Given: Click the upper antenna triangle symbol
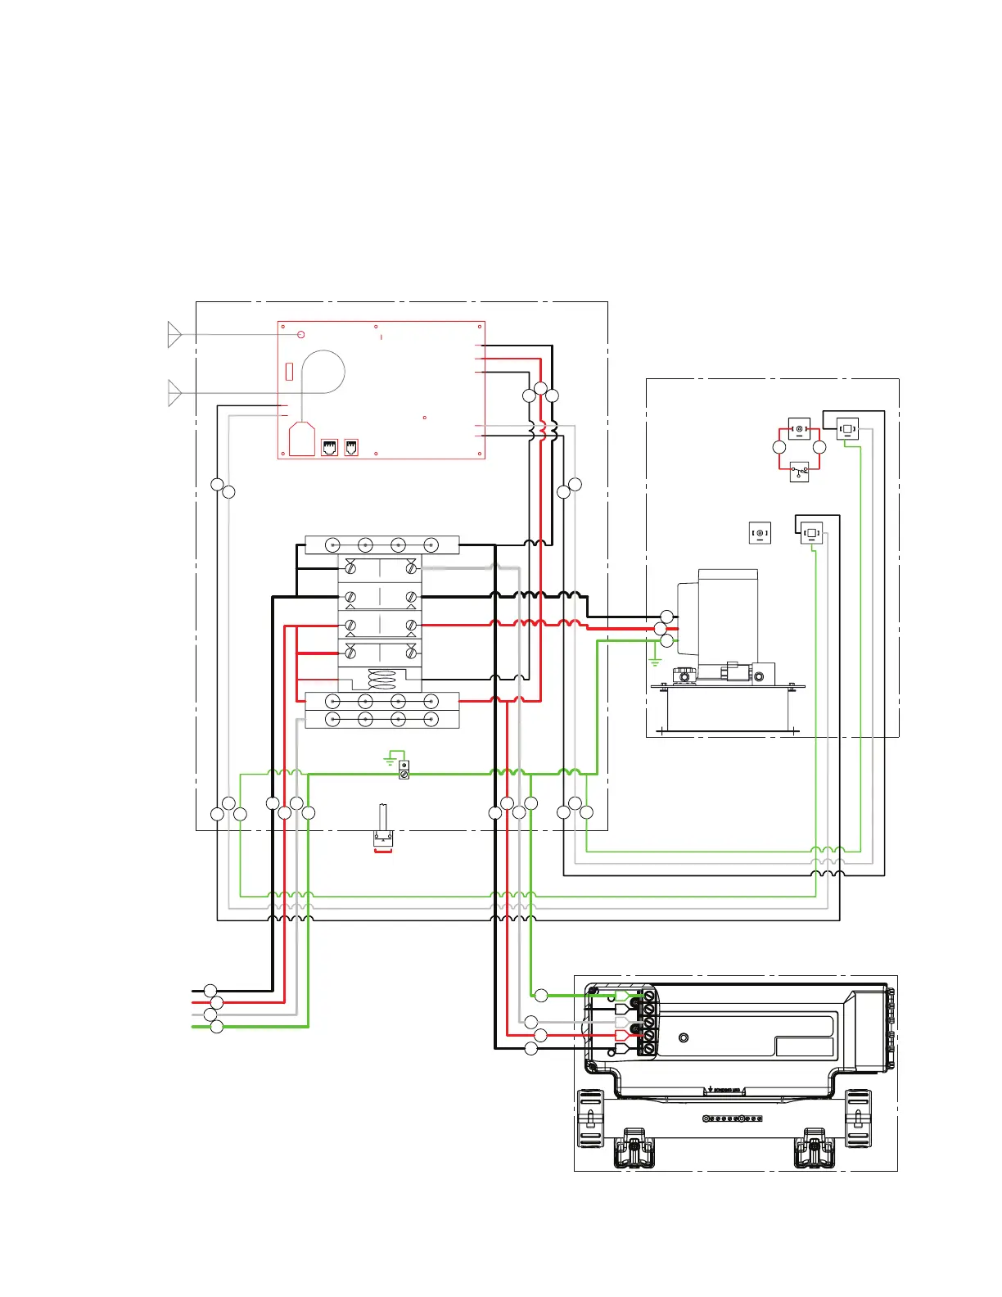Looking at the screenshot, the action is (174, 334).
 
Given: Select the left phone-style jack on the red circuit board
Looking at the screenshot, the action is (329, 447).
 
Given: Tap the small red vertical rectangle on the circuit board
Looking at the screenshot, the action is (289, 371).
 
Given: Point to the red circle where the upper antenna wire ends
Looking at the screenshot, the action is (301, 334).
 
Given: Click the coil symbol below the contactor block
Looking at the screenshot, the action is (382, 680).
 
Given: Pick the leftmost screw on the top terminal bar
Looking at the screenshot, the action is (333, 545).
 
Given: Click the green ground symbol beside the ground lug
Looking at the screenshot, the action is (390, 759).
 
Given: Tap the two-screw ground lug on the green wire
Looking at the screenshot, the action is (404, 770).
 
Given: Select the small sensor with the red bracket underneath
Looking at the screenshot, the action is (382, 838).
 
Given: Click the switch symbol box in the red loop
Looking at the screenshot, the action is (799, 472).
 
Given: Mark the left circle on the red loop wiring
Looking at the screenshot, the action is (779, 447).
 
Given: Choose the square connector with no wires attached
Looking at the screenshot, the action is (760, 534).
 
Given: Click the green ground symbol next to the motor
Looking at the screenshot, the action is (654, 660).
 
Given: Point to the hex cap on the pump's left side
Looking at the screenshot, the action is (684, 676).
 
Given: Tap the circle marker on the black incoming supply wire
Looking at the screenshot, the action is (210, 991).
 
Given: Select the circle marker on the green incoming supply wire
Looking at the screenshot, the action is (217, 1027).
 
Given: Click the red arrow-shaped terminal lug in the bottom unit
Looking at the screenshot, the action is (622, 1035).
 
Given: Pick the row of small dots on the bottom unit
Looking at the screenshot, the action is (733, 1118).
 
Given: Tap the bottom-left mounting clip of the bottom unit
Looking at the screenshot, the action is (589, 1118).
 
